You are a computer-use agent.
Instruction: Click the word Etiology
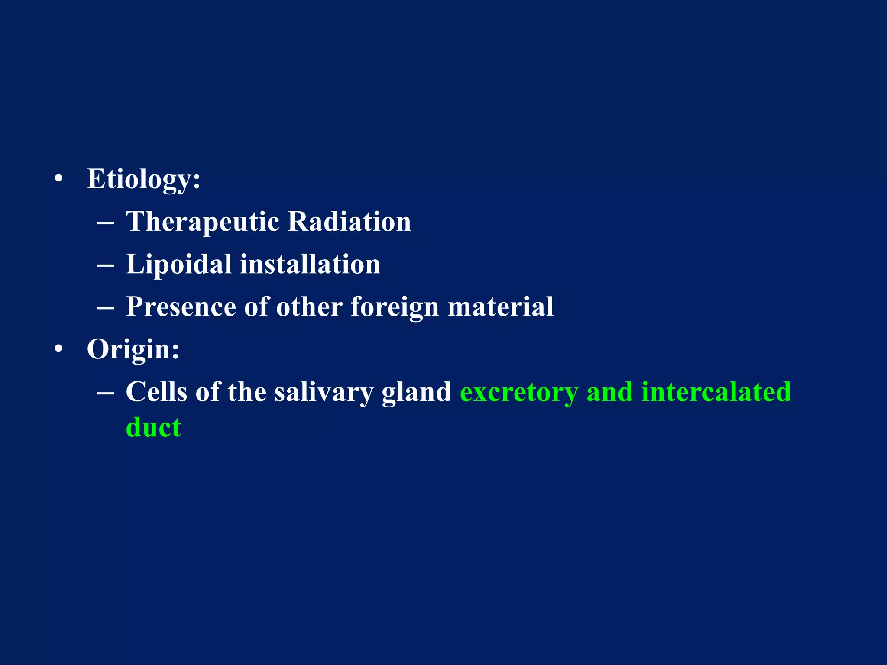coord(143,179)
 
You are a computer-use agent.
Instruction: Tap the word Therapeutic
coord(203,222)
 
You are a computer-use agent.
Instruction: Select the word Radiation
coord(349,222)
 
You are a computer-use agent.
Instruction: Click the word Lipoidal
coord(178,264)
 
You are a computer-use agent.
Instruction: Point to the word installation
coord(310,264)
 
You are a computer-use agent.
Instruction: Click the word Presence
coord(181,307)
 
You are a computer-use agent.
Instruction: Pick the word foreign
coord(395,307)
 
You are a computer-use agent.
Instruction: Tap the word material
coord(500,307)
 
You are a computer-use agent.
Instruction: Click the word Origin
coord(133,349)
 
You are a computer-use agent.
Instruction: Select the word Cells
coord(156,392)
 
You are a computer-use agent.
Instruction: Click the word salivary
coord(324,392)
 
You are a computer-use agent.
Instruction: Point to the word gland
coord(416,392)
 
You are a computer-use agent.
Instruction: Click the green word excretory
coord(519,392)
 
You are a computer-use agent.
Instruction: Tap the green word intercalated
coord(716,392)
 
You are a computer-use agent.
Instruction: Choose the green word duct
coord(153,428)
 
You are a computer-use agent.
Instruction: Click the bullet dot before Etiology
coord(58,179)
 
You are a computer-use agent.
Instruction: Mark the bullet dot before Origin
coord(58,349)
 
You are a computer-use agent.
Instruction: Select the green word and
coord(610,392)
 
